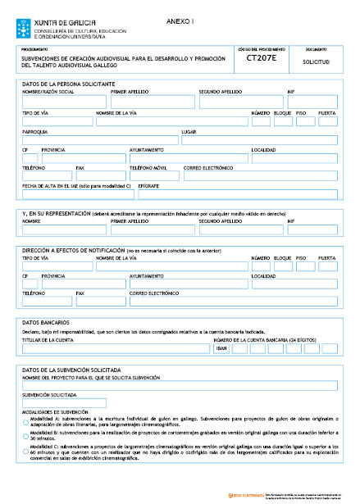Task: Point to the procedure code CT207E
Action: pyautogui.click(x=262, y=59)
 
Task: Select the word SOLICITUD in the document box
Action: pyautogui.click(x=321, y=61)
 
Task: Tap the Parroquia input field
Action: pyautogui.click(x=99, y=139)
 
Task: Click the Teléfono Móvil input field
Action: pyautogui.click(x=153, y=176)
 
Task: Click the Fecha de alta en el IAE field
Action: pyautogui.click(x=77, y=194)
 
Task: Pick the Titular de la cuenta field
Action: pyautogui.click(x=115, y=347)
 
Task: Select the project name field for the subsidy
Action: pyautogui.click(x=180, y=385)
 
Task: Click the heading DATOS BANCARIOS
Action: pyautogui.click(x=46, y=324)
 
